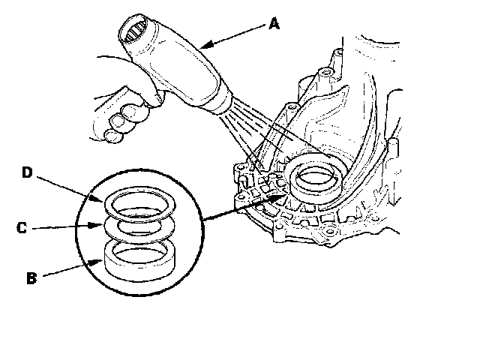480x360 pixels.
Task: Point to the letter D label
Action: (27, 173)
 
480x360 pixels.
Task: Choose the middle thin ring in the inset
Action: (139, 223)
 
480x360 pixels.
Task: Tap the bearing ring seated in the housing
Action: (319, 178)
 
